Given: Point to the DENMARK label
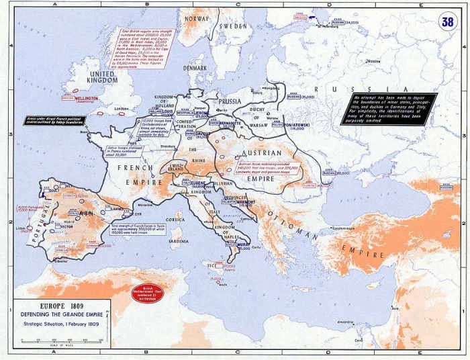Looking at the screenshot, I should (x=196, y=68).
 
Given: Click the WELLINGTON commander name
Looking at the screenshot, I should (x=87, y=99).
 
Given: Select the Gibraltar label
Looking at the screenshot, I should (x=64, y=261).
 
